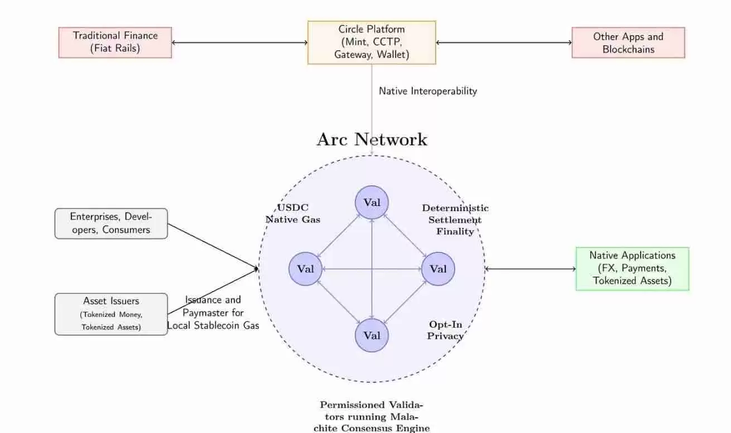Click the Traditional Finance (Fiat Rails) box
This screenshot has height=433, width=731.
coord(115,42)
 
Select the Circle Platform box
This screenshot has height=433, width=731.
coord(372,42)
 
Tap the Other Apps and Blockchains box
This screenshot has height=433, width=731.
coord(628,42)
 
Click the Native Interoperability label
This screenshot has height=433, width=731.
coord(428,91)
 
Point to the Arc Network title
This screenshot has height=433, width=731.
coord(372,140)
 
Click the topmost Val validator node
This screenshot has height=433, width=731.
coord(372,202)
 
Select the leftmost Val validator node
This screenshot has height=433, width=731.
coord(305,269)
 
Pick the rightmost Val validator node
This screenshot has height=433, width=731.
coord(438,269)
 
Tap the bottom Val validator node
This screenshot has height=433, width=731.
coord(372,335)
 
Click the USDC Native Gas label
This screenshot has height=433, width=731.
coord(293,213)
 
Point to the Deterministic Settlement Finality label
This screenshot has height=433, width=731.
coord(455,220)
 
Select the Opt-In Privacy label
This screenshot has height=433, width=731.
coord(445,330)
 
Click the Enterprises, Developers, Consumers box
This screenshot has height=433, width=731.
coord(111,223)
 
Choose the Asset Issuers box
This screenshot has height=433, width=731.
coord(111,314)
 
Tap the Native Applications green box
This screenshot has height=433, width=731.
coord(632,269)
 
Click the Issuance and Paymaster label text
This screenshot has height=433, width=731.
coord(213,312)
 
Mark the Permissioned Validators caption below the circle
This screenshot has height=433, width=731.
coord(372,416)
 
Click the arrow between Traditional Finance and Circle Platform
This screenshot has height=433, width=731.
coord(240,42)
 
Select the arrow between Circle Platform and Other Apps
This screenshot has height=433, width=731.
coord(504,42)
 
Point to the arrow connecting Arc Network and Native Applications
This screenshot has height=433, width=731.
coord(530,269)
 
